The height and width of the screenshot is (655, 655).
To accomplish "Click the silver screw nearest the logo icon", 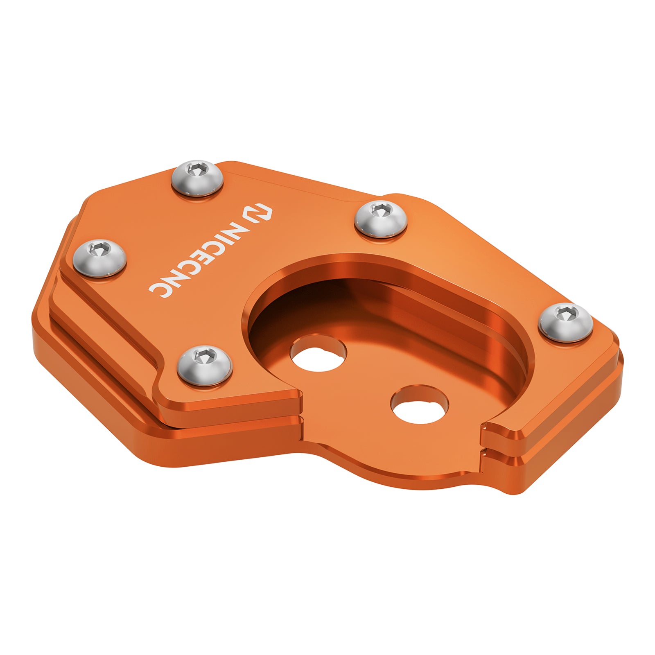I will (x=197, y=178).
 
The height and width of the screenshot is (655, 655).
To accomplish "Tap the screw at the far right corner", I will (x=565, y=322).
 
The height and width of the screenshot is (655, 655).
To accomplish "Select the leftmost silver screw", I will (x=100, y=258).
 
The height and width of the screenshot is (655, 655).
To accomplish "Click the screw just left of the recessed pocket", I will (x=205, y=365).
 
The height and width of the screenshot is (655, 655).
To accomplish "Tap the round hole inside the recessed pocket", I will (x=318, y=352).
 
